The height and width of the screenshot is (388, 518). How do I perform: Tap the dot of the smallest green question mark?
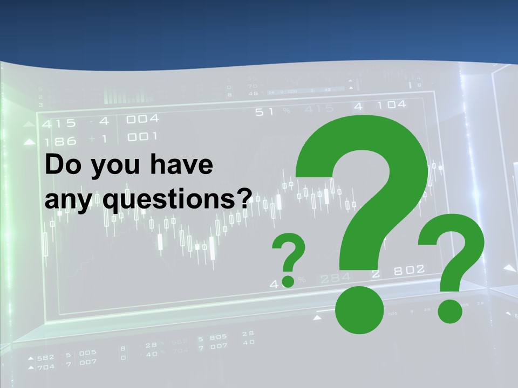[x=289, y=280]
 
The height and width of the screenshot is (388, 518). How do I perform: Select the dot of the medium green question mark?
[x=449, y=311]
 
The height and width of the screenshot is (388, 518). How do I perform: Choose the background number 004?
[x=142, y=119]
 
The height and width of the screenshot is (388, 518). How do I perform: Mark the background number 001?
[x=142, y=137]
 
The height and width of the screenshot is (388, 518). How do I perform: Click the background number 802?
[x=408, y=270]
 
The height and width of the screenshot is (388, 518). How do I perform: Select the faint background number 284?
[x=335, y=279]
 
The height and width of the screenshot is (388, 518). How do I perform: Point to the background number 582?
[x=45, y=357]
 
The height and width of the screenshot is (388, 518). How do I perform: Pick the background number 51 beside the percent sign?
[x=264, y=112]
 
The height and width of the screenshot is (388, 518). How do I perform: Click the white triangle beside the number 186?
[x=29, y=142]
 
